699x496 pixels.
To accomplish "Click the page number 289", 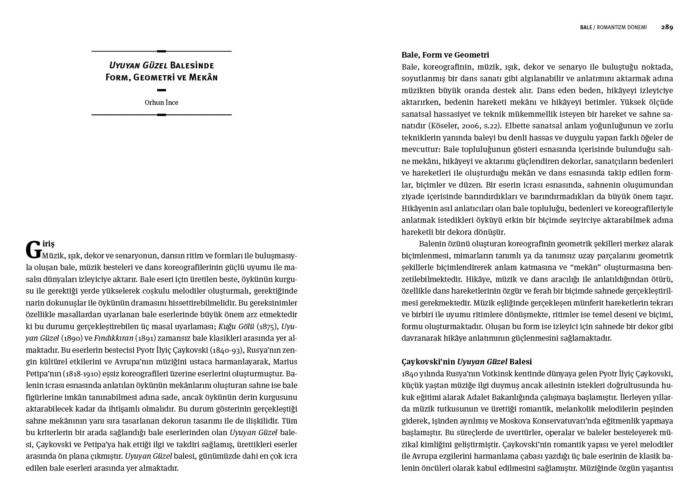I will [667, 27].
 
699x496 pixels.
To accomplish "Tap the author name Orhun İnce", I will [162, 102].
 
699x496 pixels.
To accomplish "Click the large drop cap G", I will [34, 250].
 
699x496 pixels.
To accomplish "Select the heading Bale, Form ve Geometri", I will [445, 55].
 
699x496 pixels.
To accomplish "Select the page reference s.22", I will [491, 126].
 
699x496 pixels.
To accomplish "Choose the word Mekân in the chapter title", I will [203, 77].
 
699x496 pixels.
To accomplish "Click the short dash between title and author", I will [162, 90].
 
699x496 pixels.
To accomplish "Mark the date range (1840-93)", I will [227, 350].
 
